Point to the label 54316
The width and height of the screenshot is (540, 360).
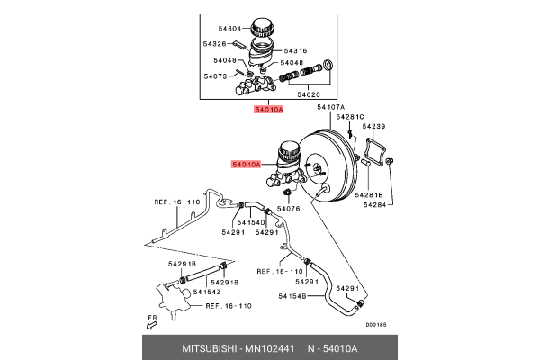click(x=296, y=51)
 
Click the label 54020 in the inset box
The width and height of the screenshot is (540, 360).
click(x=309, y=94)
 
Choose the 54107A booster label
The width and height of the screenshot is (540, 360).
click(x=330, y=107)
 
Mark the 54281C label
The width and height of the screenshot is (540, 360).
click(x=350, y=117)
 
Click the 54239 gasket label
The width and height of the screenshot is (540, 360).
click(x=373, y=127)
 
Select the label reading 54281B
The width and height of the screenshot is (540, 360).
click(x=369, y=194)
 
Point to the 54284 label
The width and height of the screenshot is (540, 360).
click(x=375, y=204)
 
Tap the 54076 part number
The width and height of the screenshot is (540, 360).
click(x=288, y=209)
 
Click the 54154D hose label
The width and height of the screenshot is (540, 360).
click(x=252, y=222)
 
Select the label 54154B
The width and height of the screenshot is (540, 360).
click(x=292, y=295)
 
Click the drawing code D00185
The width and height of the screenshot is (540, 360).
click(x=375, y=327)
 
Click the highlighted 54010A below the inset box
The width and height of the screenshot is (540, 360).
click(x=269, y=109)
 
